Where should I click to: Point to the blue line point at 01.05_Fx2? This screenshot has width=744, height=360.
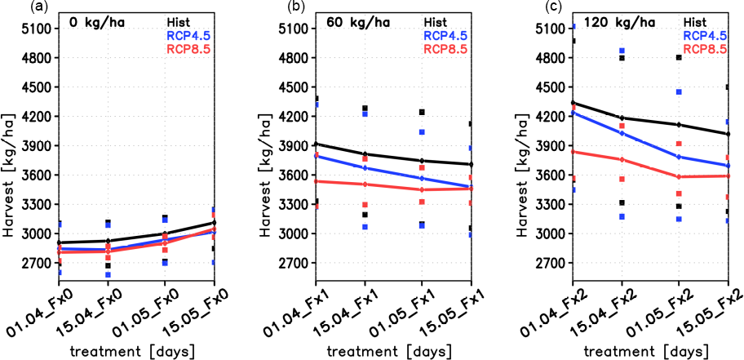tap(679, 157)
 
